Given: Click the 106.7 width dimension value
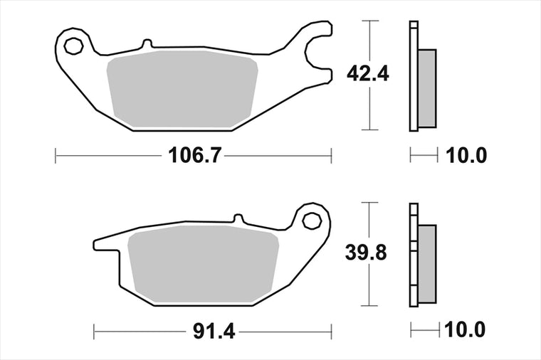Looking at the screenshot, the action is [x=194, y=156].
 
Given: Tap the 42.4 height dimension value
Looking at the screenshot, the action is [x=368, y=74].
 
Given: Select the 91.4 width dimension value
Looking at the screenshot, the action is [x=214, y=332].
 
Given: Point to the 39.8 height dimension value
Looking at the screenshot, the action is [x=366, y=253].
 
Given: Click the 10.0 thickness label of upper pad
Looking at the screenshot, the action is [x=466, y=156].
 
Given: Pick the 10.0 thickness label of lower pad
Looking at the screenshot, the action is [x=465, y=330].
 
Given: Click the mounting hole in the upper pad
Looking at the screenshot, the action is [x=74, y=46].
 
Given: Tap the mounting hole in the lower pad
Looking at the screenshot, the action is [x=312, y=221].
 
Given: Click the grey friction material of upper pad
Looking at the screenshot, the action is [x=182, y=89].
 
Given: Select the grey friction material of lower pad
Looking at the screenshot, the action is [x=203, y=263].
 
